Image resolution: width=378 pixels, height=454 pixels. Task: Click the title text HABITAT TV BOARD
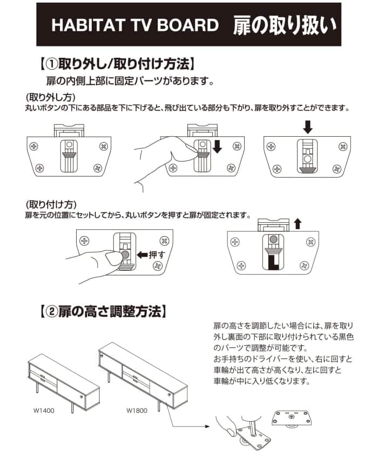click(134, 25)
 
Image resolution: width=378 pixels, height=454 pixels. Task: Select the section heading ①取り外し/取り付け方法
click(117, 64)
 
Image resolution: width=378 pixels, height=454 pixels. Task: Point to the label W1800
click(137, 410)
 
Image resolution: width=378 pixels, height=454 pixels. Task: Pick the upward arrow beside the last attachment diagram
click(298, 223)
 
